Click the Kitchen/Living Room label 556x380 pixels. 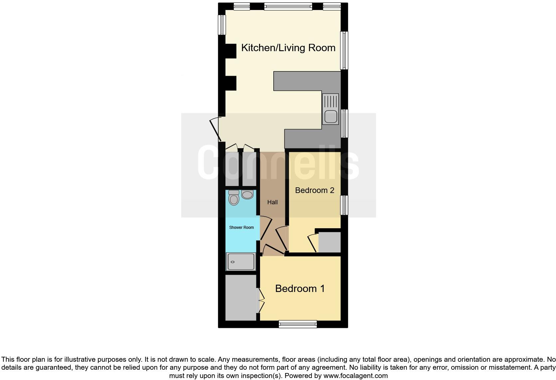[288, 48]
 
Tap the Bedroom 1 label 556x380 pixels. [300, 288]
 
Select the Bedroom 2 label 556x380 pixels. [314, 190]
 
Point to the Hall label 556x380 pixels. [272, 202]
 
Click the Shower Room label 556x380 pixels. [241, 228]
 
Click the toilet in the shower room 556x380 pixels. [234, 198]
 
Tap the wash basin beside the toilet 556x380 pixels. [247, 195]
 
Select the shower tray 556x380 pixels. [241, 262]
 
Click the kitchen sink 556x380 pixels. [330, 109]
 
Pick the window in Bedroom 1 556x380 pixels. [298, 324]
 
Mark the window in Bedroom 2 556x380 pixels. [344, 205]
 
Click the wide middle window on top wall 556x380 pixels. [288, 6]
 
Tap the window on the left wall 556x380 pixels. [222, 25]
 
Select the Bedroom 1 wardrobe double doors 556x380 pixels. [261, 301]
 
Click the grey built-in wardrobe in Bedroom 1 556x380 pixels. [241, 298]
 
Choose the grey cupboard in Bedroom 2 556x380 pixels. [330, 242]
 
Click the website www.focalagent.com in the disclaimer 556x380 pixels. [355, 376]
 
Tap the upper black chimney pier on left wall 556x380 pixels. [230, 51]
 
